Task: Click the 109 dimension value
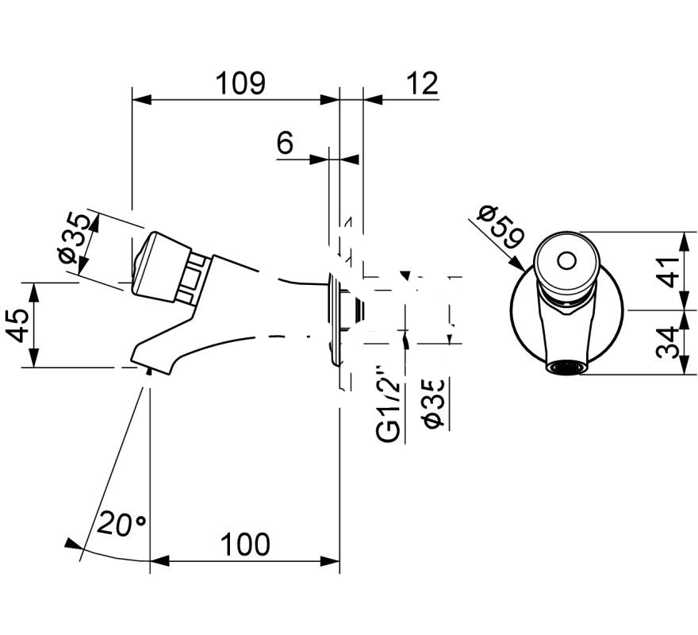(x=240, y=82)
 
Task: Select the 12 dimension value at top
(x=421, y=82)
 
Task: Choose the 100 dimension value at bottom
(x=244, y=545)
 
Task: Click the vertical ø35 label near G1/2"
(x=434, y=404)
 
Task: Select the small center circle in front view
(x=566, y=260)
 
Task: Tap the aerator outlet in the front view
(x=565, y=367)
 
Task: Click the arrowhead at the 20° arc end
(x=72, y=545)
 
